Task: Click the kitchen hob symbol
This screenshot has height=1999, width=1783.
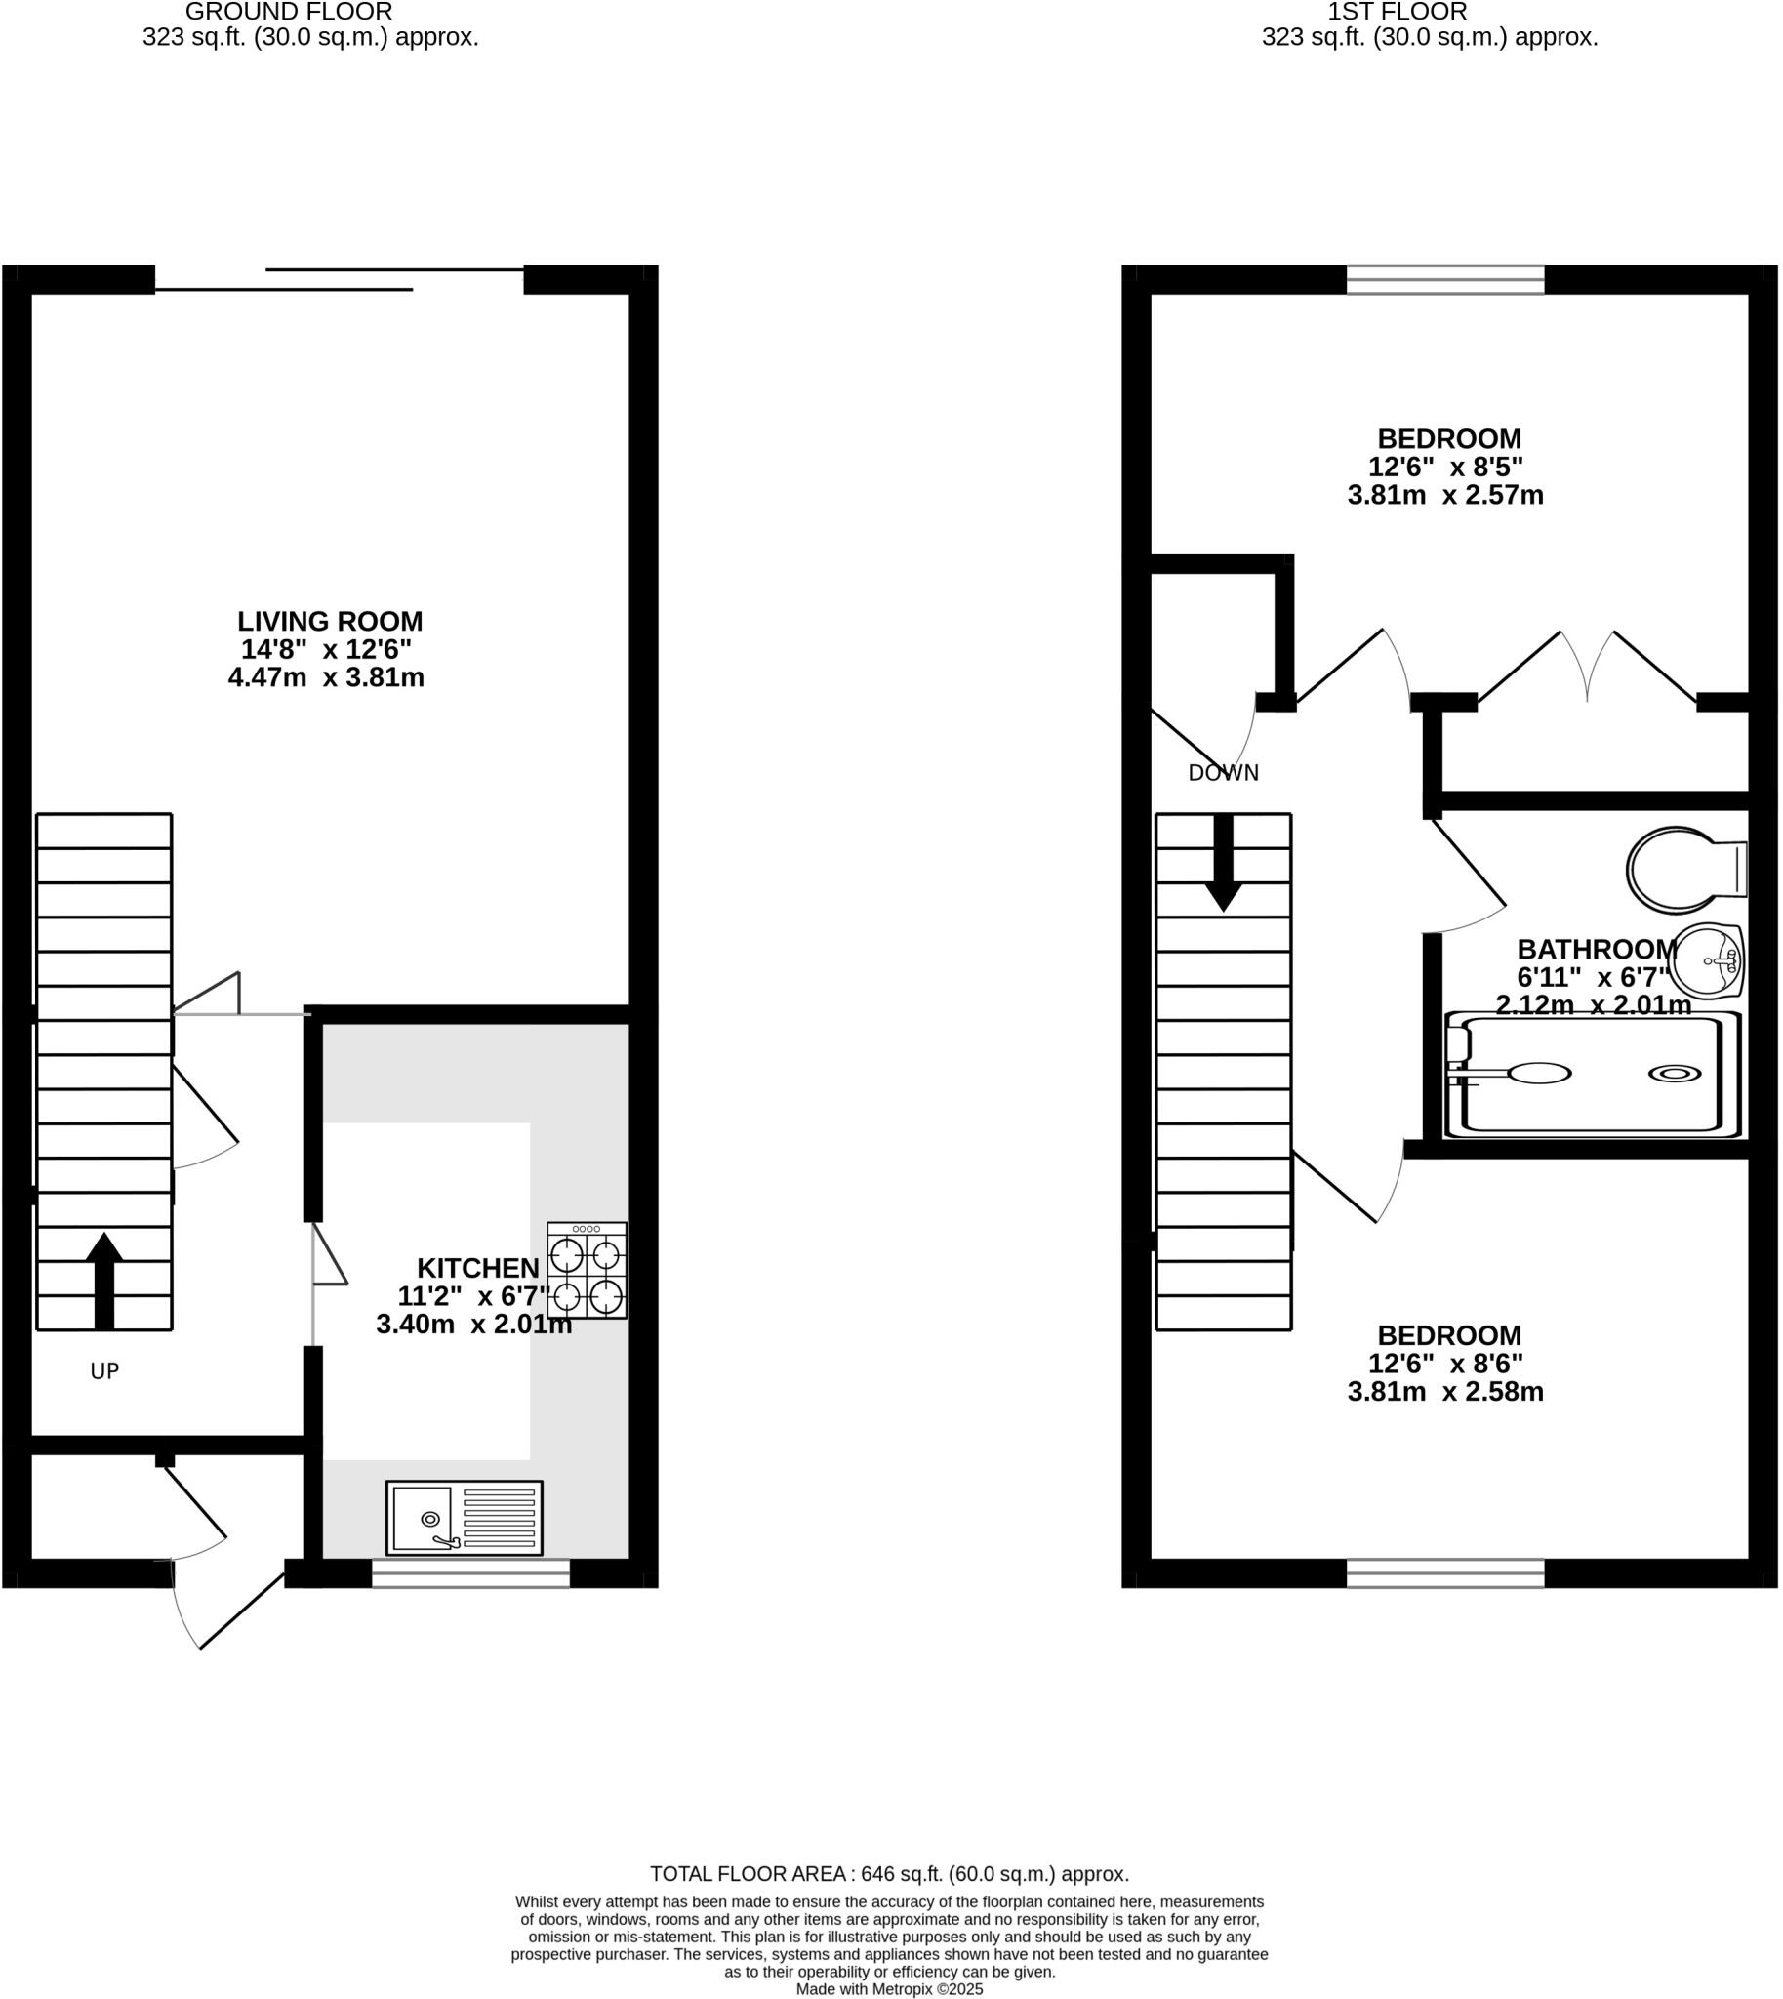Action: [x=587, y=1270]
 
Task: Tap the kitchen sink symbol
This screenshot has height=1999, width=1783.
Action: [x=464, y=1518]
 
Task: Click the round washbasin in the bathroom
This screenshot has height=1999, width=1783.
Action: [x=1706, y=960]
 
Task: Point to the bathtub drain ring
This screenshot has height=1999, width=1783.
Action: [x=1675, y=1074]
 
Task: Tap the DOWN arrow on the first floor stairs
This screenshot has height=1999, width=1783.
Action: [x=1223, y=862]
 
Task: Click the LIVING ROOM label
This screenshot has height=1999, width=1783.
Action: [x=330, y=621]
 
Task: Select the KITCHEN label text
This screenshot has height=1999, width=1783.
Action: [x=478, y=1268]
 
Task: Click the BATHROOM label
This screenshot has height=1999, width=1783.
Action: [x=1597, y=949]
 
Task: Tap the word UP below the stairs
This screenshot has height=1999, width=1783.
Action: [x=104, y=1371]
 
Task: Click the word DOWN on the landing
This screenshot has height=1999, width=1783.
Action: [x=1223, y=773]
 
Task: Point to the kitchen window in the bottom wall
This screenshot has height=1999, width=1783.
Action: [x=470, y=1573]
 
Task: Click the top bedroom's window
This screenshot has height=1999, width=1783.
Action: [x=1445, y=280]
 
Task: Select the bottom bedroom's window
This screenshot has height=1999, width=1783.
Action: [x=1445, y=1573]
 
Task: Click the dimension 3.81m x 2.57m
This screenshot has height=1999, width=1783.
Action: [x=1445, y=495]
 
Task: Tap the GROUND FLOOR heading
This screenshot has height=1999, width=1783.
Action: [x=289, y=12]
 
